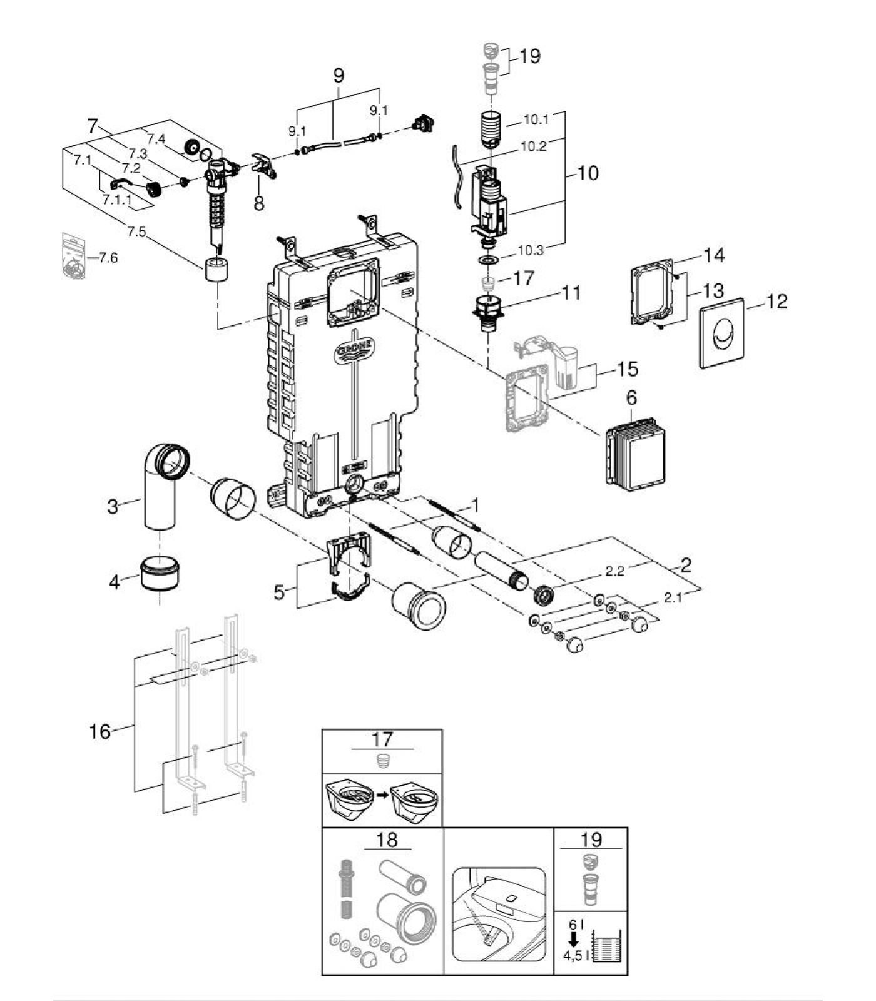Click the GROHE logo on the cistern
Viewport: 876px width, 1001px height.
pos(354,350)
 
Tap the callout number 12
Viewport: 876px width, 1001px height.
pos(777,302)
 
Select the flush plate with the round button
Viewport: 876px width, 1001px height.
pos(721,333)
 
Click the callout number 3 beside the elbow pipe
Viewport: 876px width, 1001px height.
pos(113,506)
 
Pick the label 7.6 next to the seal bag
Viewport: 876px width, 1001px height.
pos(108,258)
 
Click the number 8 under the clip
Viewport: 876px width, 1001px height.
pos(258,203)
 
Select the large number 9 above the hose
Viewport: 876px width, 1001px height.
pos(338,76)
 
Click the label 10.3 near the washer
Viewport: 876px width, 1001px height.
pos(531,250)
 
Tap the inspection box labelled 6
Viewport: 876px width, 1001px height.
pos(635,452)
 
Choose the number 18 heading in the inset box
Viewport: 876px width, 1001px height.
pos(387,839)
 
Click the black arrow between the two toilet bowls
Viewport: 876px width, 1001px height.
pos(382,797)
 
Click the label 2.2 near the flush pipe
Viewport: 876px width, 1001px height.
pos(614,571)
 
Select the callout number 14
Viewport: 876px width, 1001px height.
pos(713,255)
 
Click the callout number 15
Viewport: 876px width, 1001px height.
pos(627,369)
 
